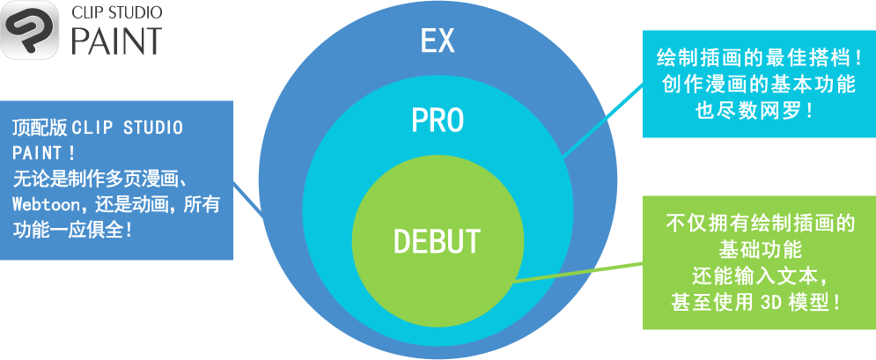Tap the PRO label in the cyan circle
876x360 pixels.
pyautogui.click(x=438, y=121)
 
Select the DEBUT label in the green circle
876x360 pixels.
pyautogui.click(x=437, y=240)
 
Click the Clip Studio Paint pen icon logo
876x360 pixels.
pyautogui.click(x=30, y=31)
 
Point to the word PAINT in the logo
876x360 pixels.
pyautogui.click(x=116, y=40)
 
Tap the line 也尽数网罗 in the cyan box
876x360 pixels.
pyautogui.click(x=758, y=112)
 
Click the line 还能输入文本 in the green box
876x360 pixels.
pyautogui.click(x=759, y=275)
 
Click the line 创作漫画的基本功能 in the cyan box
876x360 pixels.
pyautogui.click(x=758, y=86)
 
